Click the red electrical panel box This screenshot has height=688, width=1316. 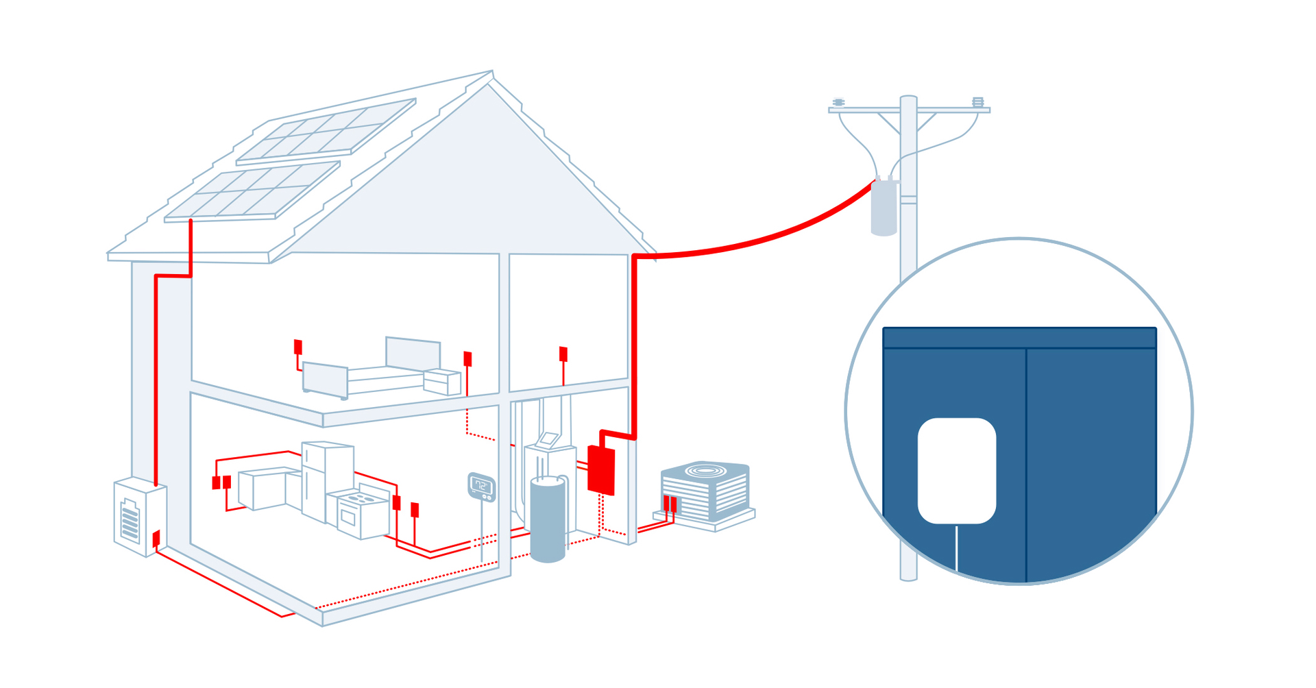601,469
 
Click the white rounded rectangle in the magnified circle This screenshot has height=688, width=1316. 956,471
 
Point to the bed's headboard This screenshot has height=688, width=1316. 413,352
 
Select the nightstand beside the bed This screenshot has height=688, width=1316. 442,381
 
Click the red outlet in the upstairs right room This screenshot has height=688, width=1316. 563,354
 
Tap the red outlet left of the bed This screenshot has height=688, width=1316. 298,347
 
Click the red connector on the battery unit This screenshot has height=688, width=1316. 156,539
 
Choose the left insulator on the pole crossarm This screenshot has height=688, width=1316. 838,103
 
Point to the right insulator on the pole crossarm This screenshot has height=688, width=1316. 978,102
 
